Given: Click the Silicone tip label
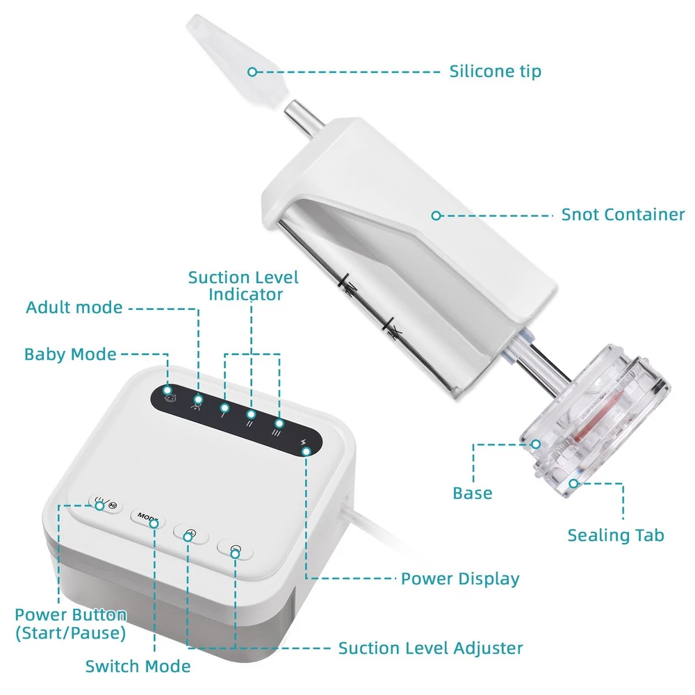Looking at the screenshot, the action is click(495, 72).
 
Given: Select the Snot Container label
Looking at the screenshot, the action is click(623, 215).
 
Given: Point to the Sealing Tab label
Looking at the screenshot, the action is click(616, 535).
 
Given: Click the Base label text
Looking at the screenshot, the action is click(473, 493).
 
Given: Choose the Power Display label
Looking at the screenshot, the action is click(460, 579).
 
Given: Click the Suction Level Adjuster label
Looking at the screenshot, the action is click(430, 648).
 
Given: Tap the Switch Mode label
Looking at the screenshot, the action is click(138, 667).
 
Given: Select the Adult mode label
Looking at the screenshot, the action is click(74, 308).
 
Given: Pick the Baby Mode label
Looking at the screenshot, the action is click(70, 354).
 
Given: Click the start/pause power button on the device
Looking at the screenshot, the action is click(106, 504).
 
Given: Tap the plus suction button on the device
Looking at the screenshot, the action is click(191, 533).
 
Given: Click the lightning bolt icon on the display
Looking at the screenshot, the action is click(304, 442).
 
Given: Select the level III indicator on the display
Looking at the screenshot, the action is click(276, 432).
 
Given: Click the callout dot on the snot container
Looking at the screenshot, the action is click(436, 215).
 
